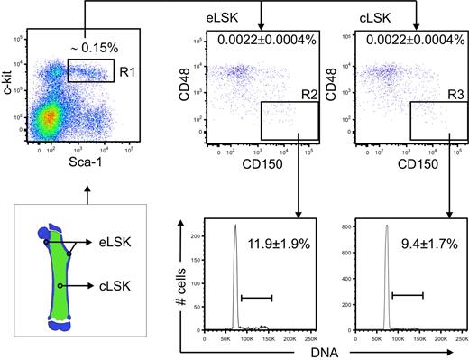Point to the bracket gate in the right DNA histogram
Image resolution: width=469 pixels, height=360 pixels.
(407, 293)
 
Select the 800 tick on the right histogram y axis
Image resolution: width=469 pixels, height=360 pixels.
(345, 226)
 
